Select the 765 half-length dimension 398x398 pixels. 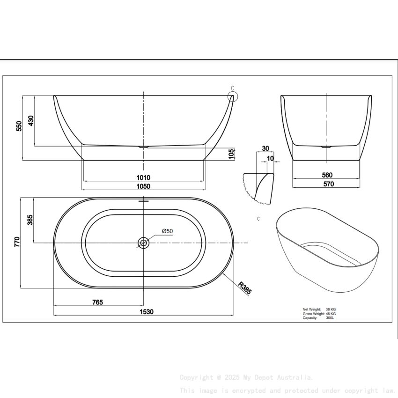pyautogui.click(x=97, y=302)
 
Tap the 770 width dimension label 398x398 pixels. pyautogui.click(x=17, y=242)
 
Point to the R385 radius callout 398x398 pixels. pyautogui.click(x=244, y=287)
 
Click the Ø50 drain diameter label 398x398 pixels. pyautogui.click(x=167, y=231)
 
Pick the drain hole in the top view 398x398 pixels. pyautogui.click(x=143, y=243)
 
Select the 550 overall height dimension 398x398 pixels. pyautogui.click(x=19, y=126)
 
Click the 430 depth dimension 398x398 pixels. pyautogui.click(x=31, y=121)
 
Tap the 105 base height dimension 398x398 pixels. pyautogui.click(x=231, y=154)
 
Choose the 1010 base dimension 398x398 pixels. pyautogui.click(x=143, y=177)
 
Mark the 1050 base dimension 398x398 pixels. pyautogui.click(x=143, y=186)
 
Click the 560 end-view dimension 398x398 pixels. pyautogui.click(x=327, y=175)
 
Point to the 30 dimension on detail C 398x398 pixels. pyautogui.click(x=265, y=148)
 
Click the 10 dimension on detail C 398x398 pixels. pyautogui.click(x=270, y=159)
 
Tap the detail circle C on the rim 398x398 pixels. pyautogui.click(x=233, y=96)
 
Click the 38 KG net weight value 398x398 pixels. pyautogui.click(x=331, y=310)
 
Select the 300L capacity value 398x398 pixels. pyautogui.click(x=330, y=318)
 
